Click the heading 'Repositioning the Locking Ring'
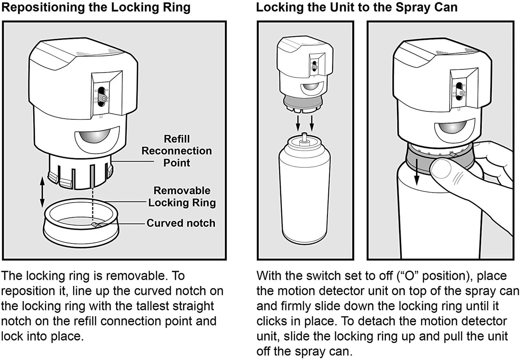[x=96, y=8]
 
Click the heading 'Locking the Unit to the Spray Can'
[x=357, y=8]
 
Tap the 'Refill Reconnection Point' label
[x=177, y=151]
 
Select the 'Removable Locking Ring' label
[x=182, y=197]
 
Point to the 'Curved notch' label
[x=181, y=223]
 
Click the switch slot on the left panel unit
[x=102, y=95]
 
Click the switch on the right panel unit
[x=459, y=90]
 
